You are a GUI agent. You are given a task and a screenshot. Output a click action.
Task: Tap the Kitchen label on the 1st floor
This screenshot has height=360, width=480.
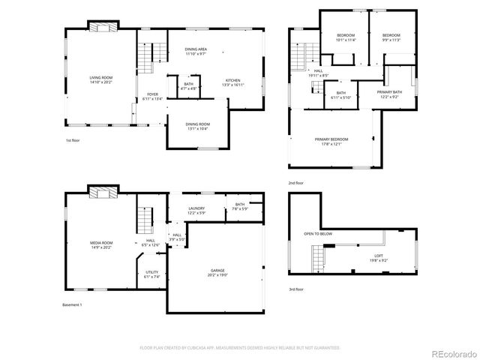[x=233, y=81]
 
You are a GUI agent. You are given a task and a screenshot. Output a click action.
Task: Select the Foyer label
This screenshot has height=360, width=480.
[x=152, y=94]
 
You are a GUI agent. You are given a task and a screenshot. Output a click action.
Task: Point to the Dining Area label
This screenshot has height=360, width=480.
[x=196, y=49]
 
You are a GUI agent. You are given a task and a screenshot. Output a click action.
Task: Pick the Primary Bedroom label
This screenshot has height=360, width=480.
[x=328, y=140]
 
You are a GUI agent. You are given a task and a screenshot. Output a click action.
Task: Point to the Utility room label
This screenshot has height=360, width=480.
[x=151, y=272]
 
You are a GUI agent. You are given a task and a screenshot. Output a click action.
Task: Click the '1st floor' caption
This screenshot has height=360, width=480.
[x=72, y=140]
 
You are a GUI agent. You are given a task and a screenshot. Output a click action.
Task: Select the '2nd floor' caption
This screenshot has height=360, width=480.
[x=296, y=182]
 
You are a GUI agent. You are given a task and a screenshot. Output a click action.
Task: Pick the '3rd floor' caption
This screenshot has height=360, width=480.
[x=296, y=289]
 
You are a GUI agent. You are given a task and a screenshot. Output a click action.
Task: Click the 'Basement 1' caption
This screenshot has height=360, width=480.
[x=72, y=305]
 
